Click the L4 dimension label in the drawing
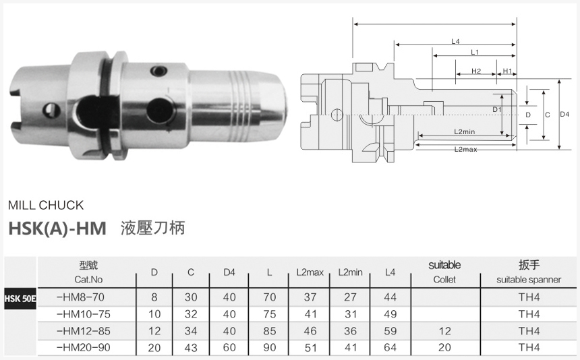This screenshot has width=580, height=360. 455,42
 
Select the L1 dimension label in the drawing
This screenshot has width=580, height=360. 474,52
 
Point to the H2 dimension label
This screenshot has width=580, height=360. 475,71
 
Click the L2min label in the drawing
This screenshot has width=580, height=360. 465,131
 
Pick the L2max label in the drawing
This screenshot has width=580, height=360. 465,148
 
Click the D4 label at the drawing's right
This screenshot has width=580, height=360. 565,115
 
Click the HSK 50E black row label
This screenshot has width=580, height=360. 20,297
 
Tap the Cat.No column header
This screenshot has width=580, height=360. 88,279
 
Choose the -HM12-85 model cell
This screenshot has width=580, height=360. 84,331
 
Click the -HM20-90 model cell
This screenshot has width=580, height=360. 84,348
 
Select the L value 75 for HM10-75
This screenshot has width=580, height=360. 269,314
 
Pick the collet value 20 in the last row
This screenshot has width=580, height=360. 444,348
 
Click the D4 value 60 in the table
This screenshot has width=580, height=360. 229,348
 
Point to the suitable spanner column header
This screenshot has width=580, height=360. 528,279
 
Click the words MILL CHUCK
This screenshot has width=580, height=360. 46,205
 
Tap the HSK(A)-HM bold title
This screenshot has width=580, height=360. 57,228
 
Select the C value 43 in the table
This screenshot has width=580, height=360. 191,348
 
